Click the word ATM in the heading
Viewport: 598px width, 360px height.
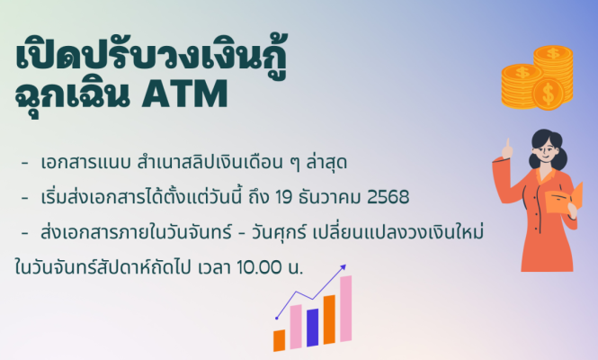184,94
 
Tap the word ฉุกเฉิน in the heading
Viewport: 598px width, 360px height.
72,95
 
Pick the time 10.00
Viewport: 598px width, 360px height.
259,267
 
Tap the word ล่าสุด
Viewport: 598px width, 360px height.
326,162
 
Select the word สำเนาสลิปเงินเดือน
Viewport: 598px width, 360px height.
210,162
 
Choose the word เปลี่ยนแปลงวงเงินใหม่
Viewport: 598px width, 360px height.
398,231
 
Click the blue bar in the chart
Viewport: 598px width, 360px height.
312,328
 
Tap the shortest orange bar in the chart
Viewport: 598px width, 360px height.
279,340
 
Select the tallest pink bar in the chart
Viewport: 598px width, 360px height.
345,309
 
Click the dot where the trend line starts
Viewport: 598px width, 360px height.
276,318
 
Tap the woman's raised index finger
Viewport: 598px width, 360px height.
508,143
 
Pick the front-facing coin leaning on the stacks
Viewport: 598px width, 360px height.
548,93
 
